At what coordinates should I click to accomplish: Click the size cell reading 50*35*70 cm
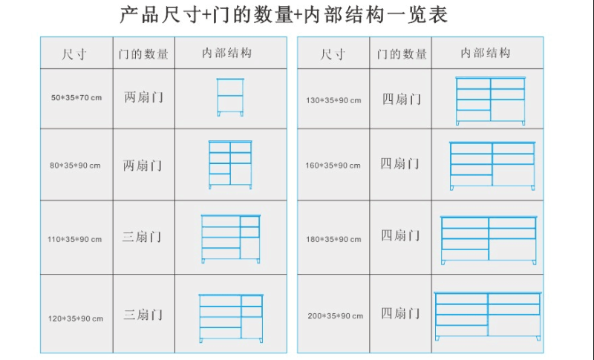coord(76,98)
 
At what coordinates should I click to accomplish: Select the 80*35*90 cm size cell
coord(75,166)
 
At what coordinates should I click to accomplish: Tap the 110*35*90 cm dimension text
coord(75,239)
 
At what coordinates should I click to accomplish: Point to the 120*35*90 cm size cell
coord(76,318)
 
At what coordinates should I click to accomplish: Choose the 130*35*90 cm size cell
coord(333,101)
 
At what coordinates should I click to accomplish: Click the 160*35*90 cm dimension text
coord(333,166)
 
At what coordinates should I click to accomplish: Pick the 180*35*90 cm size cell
coord(333,239)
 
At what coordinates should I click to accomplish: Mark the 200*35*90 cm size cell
coord(336,315)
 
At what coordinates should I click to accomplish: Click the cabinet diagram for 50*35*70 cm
coord(230,97)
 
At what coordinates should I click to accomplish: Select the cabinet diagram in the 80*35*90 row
coord(230,165)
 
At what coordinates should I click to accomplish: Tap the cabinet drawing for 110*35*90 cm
coord(231,239)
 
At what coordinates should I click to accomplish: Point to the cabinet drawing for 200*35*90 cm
coord(488,316)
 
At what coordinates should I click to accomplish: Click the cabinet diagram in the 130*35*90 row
coord(491,101)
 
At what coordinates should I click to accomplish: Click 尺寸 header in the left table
coord(74,53)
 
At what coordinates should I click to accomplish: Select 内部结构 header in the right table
coord(486,53)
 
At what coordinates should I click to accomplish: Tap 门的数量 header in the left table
coord(143,53)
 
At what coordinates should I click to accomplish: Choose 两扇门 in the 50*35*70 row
coord(143,97)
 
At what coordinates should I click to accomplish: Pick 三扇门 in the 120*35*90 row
coord(143,315)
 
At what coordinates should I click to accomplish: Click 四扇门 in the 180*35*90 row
coord(400,235)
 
